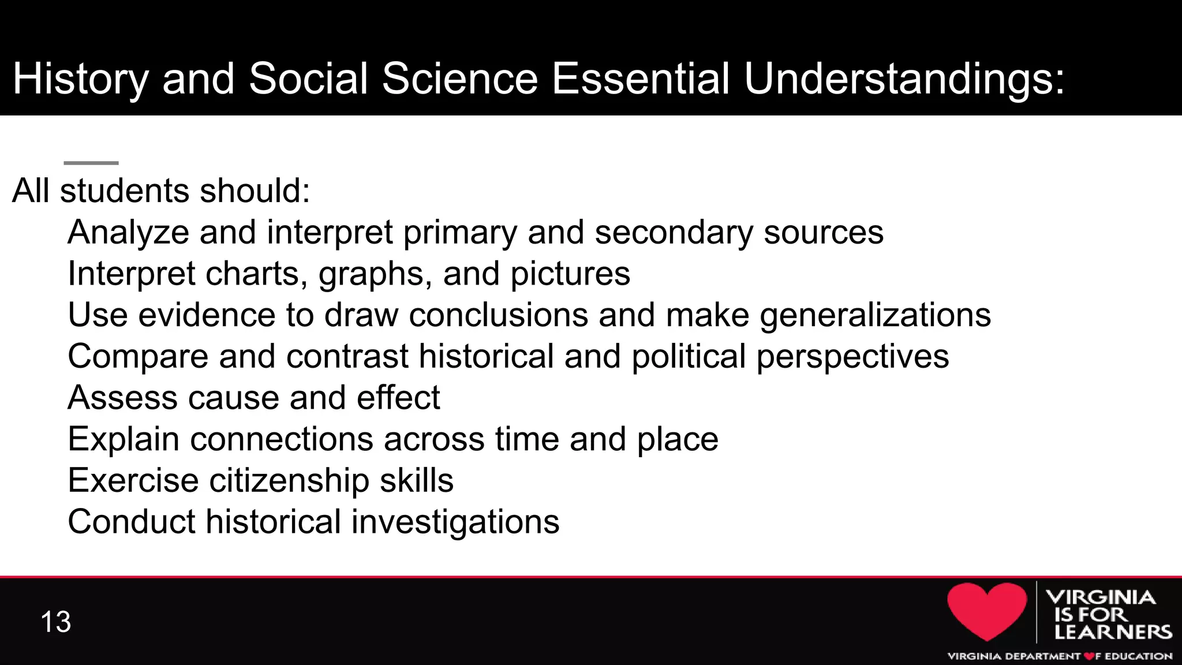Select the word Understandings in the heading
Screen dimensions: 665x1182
[x=904, y=79]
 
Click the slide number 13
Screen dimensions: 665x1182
[x=56, y=622]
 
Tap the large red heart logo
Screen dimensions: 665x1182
[x=987, y=610]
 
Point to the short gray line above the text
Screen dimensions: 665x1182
[x=91, y=163]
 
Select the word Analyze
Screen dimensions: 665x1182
[x=128, y=233]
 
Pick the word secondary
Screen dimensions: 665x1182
[x=674, y=233]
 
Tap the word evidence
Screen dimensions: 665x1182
[x=206, y=315]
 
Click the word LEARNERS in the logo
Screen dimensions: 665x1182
[x=1113, y=632]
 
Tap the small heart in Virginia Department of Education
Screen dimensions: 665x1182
[x=1089, y=656]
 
